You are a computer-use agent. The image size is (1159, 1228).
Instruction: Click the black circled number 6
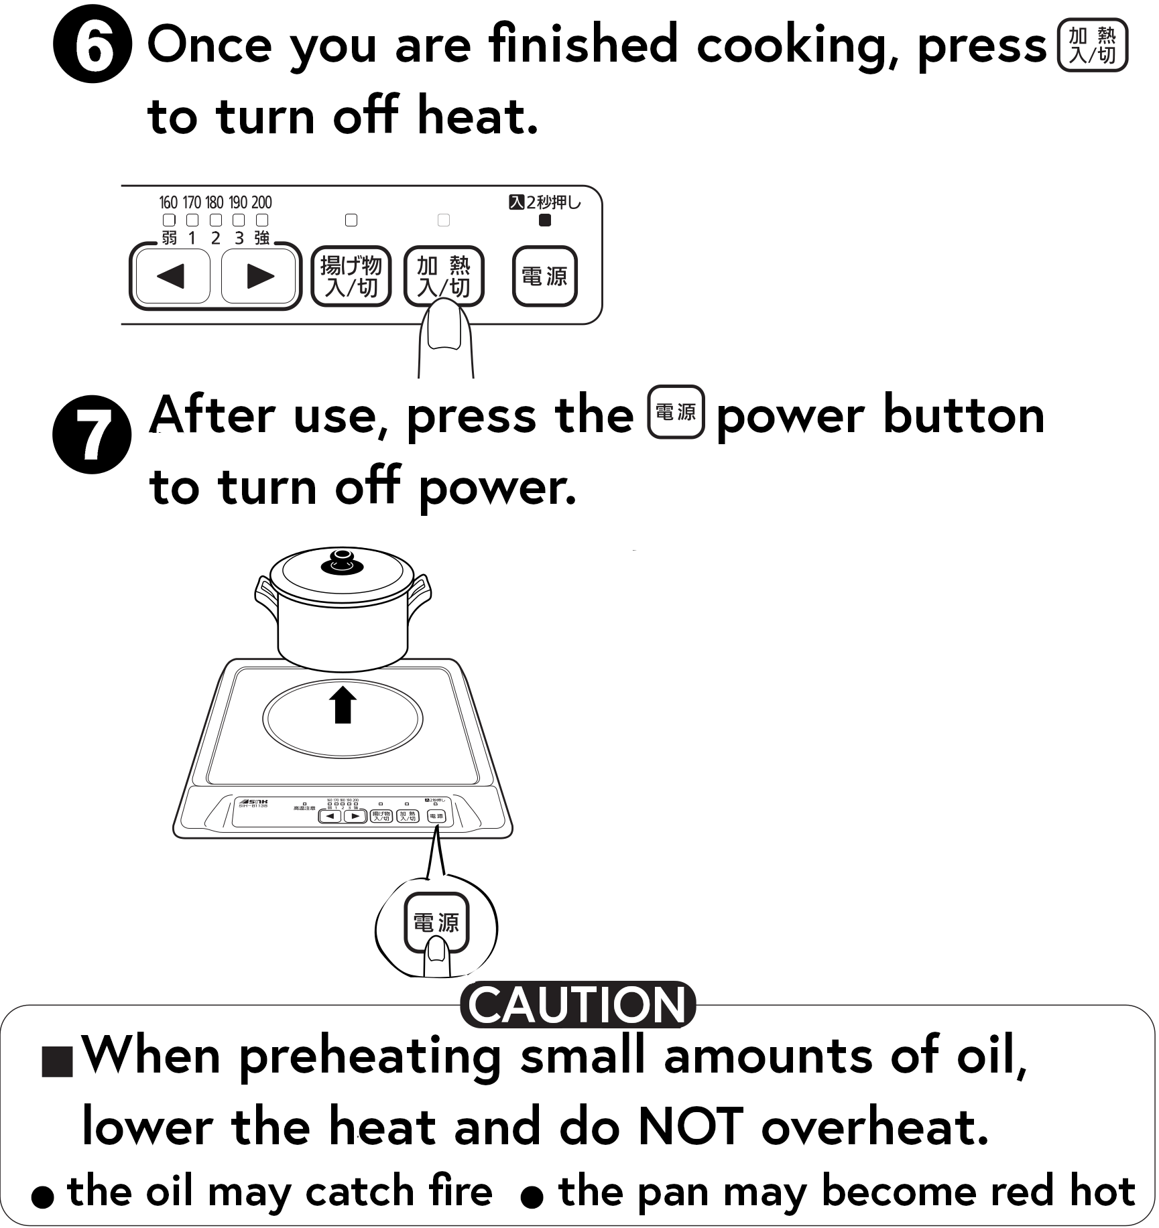coord(92,44)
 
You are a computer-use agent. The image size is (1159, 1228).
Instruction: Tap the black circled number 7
coord(92,434)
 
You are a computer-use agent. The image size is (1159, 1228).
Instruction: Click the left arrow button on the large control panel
coord(172,276)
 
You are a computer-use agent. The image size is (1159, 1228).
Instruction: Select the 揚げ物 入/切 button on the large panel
coord(351,276)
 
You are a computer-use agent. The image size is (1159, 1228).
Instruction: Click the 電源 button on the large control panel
coord(544,276)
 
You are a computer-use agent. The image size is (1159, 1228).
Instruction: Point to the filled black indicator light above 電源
coord(545,220)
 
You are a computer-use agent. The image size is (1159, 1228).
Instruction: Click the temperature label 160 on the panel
coord(168,202)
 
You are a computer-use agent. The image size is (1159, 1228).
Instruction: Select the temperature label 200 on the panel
coord(261,202)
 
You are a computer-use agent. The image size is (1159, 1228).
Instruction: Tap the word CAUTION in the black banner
coord(577,1006)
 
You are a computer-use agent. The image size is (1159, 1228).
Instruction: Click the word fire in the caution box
coord(460,1190)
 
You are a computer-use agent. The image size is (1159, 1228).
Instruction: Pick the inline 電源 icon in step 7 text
coord(676,412)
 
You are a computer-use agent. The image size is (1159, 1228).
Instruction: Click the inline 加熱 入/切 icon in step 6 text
coord(1092,45)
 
